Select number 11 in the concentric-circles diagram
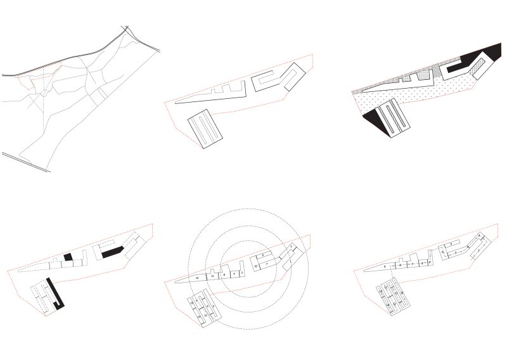point(213,276)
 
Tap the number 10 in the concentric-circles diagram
point(255,267)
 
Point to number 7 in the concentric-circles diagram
point(267,262)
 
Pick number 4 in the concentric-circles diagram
point(234,273)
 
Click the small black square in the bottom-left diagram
point(68,256)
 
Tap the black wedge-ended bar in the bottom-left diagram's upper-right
point(112,252)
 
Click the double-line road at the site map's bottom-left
point(25,162)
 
